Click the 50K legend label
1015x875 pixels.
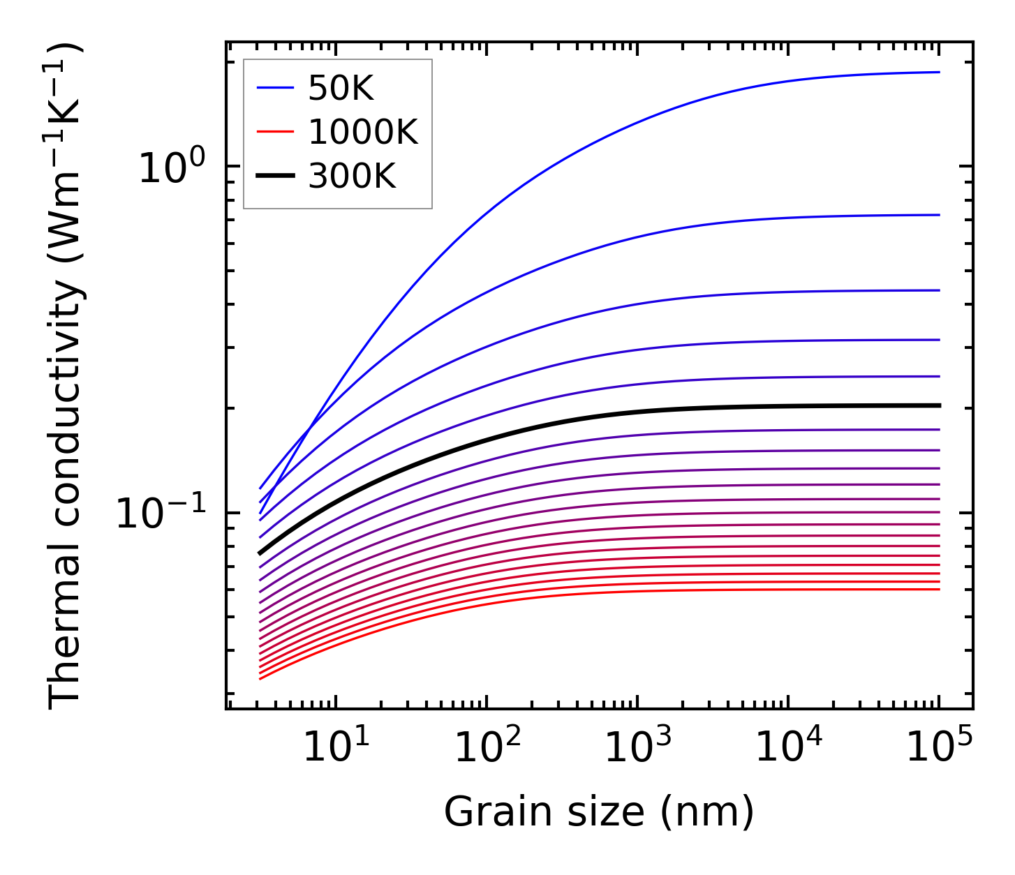341,89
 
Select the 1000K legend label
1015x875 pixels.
362,132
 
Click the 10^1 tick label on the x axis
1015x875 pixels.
336,747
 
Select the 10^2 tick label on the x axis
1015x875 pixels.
487,747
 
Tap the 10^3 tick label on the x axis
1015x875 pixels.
637,747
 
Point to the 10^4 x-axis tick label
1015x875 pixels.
788,747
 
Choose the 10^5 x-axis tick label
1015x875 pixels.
939,747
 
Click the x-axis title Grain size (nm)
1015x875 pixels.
599,812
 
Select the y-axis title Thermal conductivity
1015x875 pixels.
66,375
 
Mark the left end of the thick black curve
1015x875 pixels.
260,553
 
